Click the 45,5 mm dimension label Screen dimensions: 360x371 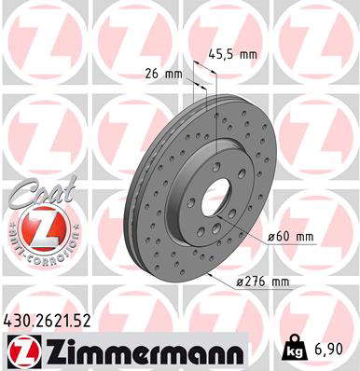pyautogui.click(x=232, y=55)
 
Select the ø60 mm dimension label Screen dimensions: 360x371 pyautogui.click(x=291, y=237)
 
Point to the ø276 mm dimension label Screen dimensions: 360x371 pyautogui.click(x=263, y=282)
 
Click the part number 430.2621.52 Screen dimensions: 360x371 pyautogui.click(x=47, y=321)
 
